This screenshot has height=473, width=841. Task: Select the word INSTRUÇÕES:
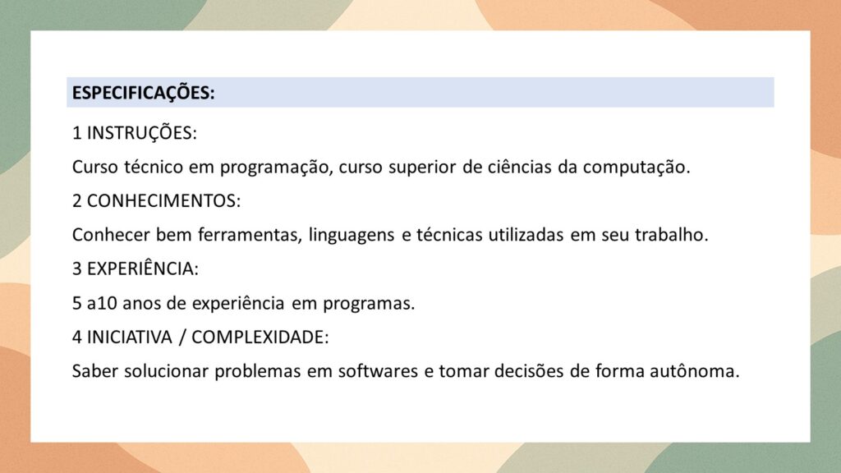click(x=142, y=133)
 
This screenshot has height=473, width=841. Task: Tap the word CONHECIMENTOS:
click(x=164, y=200)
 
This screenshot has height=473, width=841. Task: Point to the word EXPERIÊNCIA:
click(x=143, y=269)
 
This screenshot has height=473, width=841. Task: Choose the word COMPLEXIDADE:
click(x=260, y=337)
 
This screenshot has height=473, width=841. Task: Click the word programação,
click(x=276, y=168)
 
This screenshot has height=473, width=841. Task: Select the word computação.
click(x=636, y=168)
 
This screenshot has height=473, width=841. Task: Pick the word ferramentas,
click(x=250, y=235)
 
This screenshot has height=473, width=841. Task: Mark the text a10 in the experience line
click(x=102, y=303)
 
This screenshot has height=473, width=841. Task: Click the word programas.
click(x=369, y=304)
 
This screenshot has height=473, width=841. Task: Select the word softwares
click(x=378, y=371)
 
